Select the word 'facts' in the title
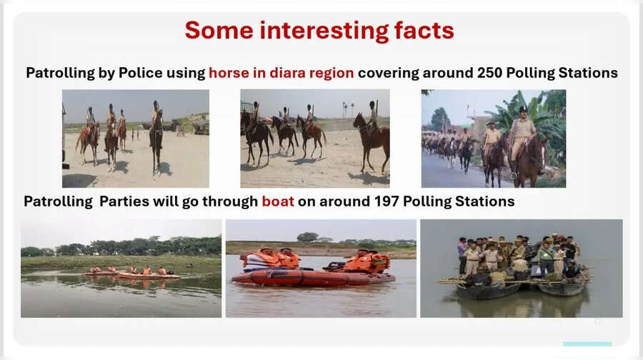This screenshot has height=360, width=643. point(424,31)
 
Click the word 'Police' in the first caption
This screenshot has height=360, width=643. point(178,73)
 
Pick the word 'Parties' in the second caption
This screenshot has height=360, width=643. point(126,201)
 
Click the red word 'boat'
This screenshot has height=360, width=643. point(278,201)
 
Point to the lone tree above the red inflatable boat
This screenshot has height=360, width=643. point(308,237)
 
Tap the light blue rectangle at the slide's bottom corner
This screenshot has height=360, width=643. point(587,344)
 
